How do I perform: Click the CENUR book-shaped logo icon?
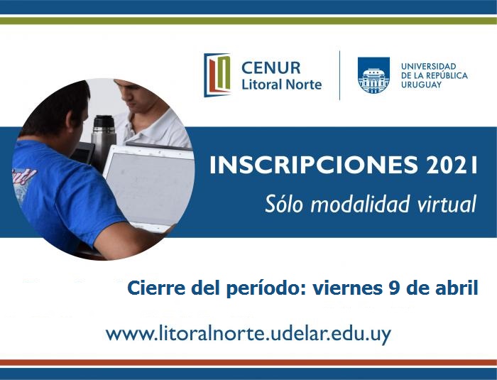[x=217, y=75]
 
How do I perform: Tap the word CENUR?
[x=271, y=68]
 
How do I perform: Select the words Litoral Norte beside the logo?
[x=282, y=85]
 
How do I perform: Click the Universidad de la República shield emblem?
[x=373, y=75]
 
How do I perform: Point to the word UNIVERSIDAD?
[x=429, y=66]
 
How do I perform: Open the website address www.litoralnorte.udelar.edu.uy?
[x=248, y=334]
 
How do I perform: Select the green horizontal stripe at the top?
[x=248, y=21]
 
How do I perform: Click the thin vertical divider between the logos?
[x=340, y=75]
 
